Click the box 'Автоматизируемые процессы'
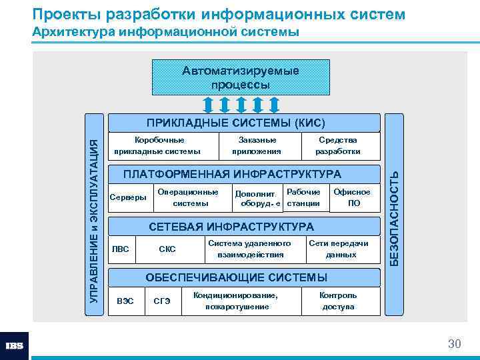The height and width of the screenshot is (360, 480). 241,77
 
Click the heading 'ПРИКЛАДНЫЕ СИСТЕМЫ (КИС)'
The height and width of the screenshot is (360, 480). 236,123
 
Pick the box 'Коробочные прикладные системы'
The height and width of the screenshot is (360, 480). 157,146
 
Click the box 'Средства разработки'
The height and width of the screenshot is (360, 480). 338,146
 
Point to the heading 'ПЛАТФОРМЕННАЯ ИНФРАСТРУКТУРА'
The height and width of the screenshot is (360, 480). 233,174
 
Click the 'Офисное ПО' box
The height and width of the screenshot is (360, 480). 352,197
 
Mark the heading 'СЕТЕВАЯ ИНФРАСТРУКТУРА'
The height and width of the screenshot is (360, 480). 231,227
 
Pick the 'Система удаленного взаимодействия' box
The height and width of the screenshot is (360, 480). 249,249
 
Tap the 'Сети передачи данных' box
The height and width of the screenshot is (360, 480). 338,249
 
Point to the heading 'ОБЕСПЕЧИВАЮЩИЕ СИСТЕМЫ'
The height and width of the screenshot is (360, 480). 237,277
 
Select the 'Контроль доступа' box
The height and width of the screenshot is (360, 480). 338,301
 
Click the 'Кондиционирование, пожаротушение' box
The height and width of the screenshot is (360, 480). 237,301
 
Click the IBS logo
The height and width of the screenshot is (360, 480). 15,345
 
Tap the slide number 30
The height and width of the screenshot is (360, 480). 454,344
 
